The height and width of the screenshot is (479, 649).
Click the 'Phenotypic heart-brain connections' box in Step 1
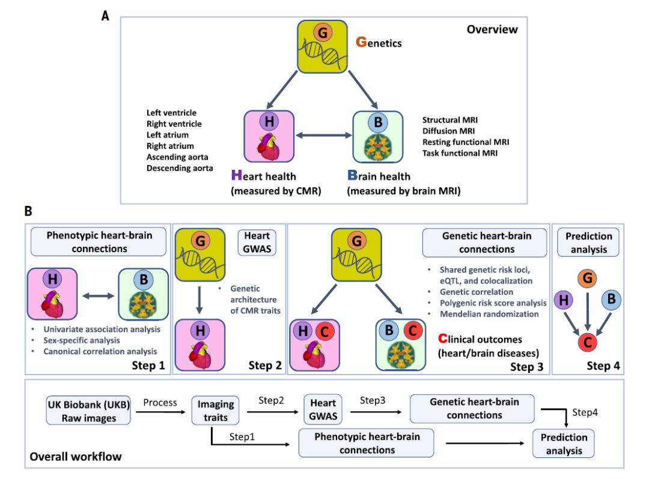tap(99, 243)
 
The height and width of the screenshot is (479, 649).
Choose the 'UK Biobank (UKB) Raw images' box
tap(87, 411)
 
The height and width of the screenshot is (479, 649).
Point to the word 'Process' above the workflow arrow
tap(160, 402)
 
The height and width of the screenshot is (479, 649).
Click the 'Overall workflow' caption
tap(76, 457)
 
